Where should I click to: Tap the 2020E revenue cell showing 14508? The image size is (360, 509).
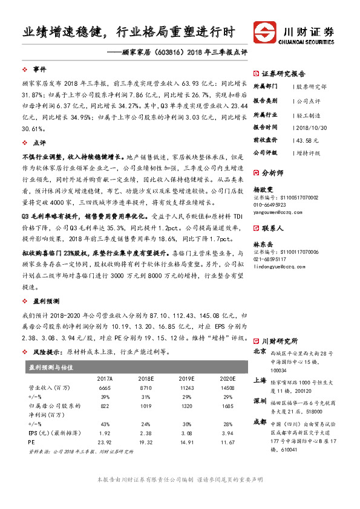[227, 387]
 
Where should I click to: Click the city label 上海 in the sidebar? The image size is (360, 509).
[260, 380]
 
